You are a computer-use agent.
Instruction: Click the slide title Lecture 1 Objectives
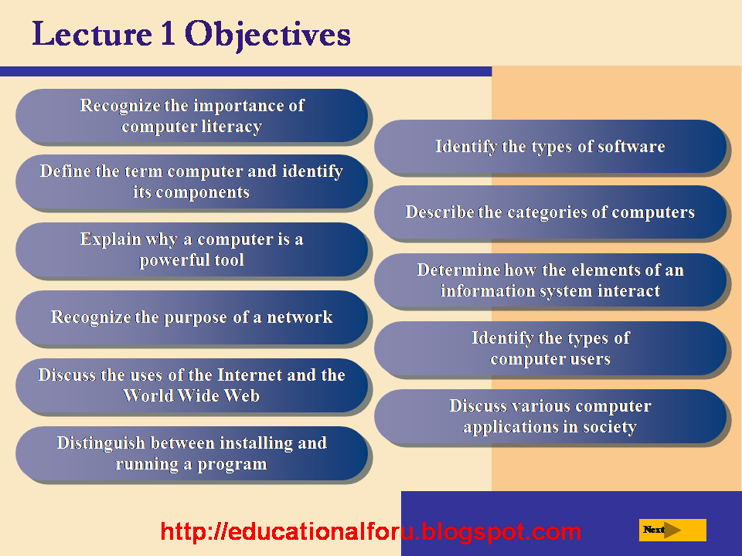[x=191, y=35]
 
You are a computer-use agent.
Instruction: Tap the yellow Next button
[x=672, y=530]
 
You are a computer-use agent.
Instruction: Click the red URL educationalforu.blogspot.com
[x=371, y=531]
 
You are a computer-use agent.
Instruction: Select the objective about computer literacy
[x=192, y=116]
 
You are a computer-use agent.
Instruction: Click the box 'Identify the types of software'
[x=550, y=147]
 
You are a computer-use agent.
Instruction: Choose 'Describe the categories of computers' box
[x=550, y=212]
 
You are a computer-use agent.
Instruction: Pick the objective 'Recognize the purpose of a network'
[x=192, y=317]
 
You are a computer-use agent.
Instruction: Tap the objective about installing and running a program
[x=192, y=453]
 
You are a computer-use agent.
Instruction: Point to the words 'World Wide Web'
[x=192, y=396]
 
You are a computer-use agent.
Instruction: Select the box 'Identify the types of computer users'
[x=550, y=348]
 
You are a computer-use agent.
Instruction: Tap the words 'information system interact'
[x=550, y=291]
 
